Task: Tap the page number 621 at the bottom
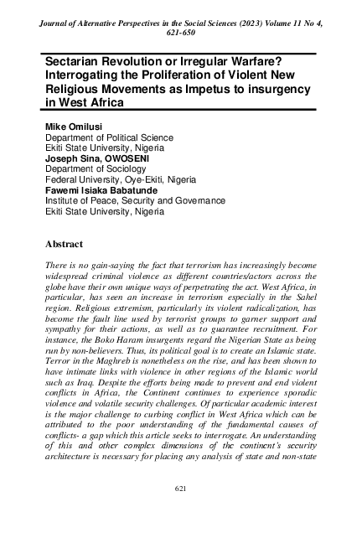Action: tap(179, 510)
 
